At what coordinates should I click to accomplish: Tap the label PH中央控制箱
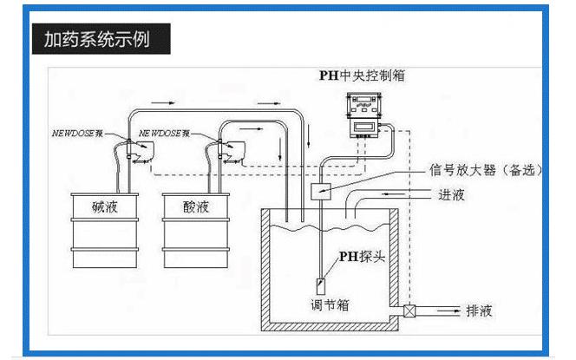pyautogui.click(x=362, y=75)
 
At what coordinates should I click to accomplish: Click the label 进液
pyautogui.click(x=452, y=195)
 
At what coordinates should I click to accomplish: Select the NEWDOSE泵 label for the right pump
pyautogui.click(x=168, y=135)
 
